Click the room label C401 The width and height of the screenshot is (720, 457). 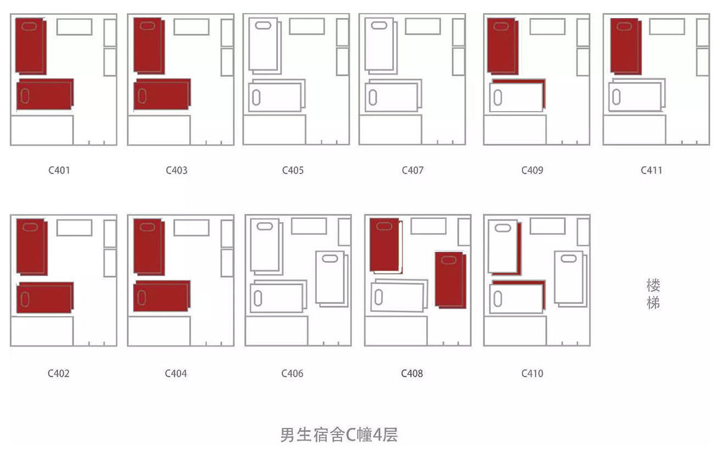[59, 170]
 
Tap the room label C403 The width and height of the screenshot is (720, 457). [177, 170]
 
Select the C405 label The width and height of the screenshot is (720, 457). [293, 170]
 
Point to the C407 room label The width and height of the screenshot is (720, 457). [413, 170]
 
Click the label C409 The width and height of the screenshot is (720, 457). [532, 170]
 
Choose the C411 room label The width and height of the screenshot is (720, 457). [651, 170]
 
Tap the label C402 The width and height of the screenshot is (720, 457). [59, 373]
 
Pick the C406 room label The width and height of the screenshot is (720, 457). [293, 373]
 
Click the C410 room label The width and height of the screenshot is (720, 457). [532, 373]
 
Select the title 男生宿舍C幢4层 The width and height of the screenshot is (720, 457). [339, 435]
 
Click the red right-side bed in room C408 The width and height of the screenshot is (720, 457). [450, 279]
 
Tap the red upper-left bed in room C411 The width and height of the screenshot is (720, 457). [625, 46]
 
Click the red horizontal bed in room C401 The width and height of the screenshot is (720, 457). [45, 95]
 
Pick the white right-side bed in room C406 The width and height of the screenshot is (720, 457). [331, 278]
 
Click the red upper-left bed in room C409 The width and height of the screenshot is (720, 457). [502, 46]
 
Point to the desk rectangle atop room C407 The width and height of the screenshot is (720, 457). [422, 26]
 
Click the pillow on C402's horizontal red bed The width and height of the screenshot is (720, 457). [24, 298]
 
